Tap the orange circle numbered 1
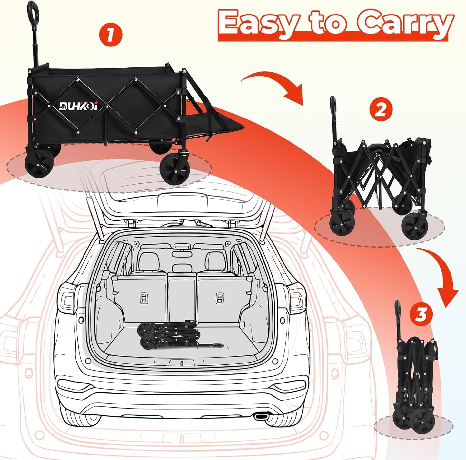coord(111,35)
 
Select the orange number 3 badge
coord(421,314)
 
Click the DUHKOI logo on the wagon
coord(78,106)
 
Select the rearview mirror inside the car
coord(182,254)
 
